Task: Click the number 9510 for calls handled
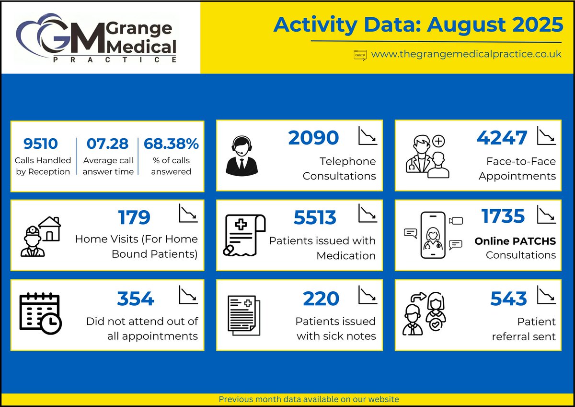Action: point(41,144)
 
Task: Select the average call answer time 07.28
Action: point(107,144)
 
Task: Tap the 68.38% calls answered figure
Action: point(171,144)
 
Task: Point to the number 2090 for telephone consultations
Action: point(313,138)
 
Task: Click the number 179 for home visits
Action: point(134,217)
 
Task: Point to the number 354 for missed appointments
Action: point(136,299)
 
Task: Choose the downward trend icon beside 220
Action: point(368,295)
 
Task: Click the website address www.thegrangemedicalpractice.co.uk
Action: point(466,54)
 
